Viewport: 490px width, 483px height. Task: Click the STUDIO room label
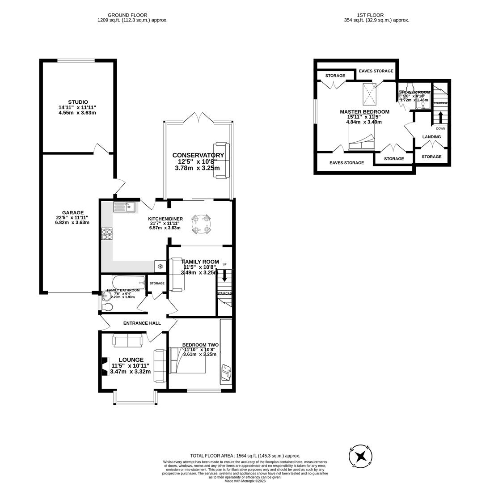click(x=78, y=102)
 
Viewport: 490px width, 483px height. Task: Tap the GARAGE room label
click(x=72, y=213)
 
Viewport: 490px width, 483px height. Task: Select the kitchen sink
click(x=124, y=207)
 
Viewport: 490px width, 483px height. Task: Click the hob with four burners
click(x=107, y=234)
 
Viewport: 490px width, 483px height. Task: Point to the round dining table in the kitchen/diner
click(x=201, y=224)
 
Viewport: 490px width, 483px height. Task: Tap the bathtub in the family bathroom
click(x=128, y=282)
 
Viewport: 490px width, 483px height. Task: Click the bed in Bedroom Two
click(x=187, y=360)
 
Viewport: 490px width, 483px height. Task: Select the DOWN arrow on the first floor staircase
click(x=440, y=117)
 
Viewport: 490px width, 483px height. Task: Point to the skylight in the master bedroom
click(x=370, y=93)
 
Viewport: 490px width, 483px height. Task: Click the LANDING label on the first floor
click(x=431, y=137)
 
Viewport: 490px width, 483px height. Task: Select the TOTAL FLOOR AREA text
click(x=245, y=456)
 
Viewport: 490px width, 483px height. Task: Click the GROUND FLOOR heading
click(x=127, y=15)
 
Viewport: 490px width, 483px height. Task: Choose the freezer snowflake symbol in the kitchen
click(x=160, y=266)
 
